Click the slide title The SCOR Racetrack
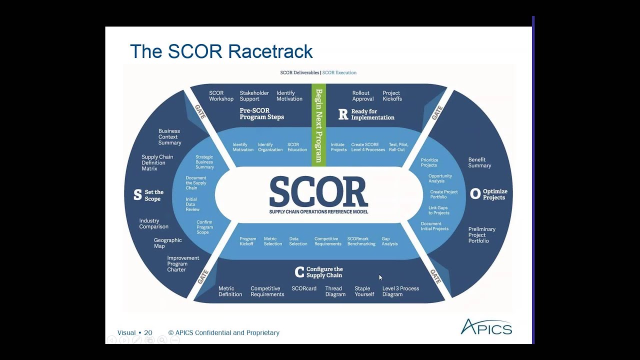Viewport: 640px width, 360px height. pos(221,51)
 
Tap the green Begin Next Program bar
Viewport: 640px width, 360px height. pos(318,125)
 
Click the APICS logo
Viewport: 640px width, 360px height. pos(486,327)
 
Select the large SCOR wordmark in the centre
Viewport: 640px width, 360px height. pos(318,192)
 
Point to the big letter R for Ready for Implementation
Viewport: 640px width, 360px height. pos(343,114)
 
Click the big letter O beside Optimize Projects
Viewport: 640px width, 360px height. pos(475,194)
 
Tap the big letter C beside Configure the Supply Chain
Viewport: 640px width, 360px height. pos(299,272)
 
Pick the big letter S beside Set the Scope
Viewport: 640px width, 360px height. pos(137,195)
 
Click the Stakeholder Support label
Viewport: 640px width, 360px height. pos(254,96)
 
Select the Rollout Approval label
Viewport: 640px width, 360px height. pos(362,96)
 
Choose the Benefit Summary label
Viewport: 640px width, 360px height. pos(479,162)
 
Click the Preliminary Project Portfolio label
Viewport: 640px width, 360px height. pos(481,235)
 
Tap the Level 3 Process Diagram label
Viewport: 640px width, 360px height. pos(400,291)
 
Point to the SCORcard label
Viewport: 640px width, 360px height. pos(304,288)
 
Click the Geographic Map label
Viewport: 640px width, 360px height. pos(167,243)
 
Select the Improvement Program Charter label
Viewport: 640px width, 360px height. pos(183,264)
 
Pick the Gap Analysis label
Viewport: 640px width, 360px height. pos(389,241)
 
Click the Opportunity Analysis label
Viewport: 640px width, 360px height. pos(440,178)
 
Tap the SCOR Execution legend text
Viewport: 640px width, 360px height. pos(339,72)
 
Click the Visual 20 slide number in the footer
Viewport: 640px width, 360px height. pos(134,332)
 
